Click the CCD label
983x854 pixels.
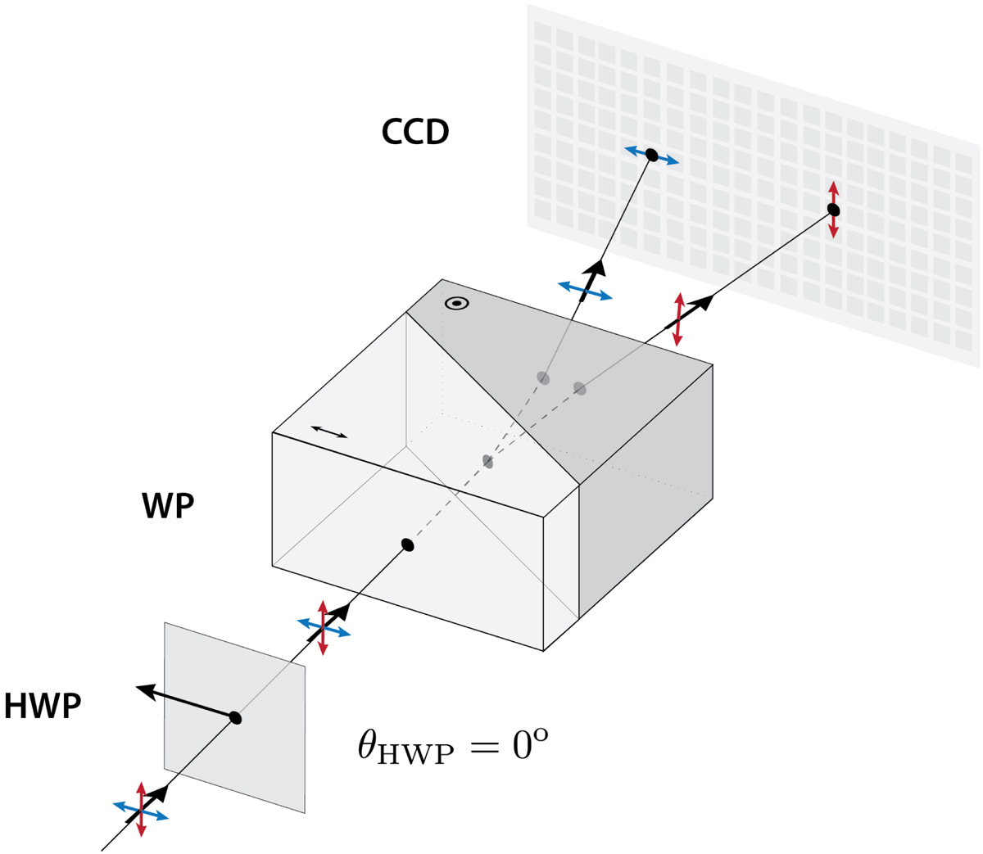[415, 132]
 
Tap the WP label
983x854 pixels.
[168, 505]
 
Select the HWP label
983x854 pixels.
[43, 707]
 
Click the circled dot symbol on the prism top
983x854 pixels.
[456, 304]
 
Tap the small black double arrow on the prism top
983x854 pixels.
[329, 432]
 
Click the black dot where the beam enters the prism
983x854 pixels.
[407, 544]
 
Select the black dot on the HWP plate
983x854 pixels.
[235, 717]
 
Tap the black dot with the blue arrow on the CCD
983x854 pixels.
[651, 155]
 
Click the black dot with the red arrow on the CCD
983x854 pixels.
[834, 210]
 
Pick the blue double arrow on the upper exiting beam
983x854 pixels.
[585, 291]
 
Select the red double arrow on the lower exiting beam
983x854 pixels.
[678, 319]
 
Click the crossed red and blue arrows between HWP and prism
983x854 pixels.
[324, 627]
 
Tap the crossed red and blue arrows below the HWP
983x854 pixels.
[141, 810]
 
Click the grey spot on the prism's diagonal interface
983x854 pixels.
[487, 461]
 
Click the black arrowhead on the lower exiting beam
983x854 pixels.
[702, 302]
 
